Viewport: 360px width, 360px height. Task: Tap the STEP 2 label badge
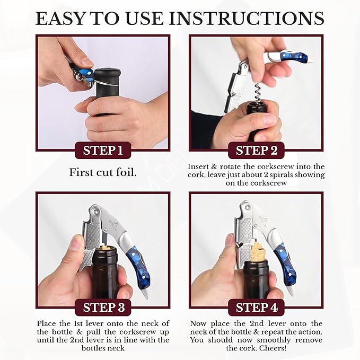point(257,151)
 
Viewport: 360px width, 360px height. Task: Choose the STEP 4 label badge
point(257,308)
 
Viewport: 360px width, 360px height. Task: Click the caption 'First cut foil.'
point(103,172)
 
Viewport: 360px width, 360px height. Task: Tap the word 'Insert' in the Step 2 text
point(200,166)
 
